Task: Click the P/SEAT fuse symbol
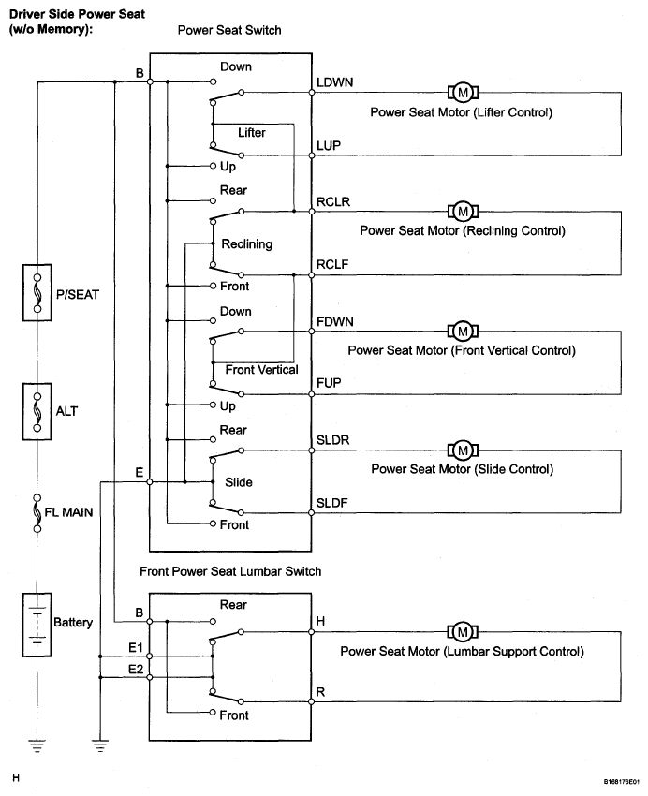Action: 37,292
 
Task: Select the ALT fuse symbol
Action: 37,411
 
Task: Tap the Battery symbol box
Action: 37,625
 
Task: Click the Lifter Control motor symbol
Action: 463,93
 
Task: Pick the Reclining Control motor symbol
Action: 463,212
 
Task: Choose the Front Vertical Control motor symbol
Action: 463,332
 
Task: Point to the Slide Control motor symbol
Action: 463,450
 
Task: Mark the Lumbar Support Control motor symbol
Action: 463,632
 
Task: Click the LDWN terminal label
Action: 335,82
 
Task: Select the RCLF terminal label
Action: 332,264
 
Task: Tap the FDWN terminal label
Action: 335,322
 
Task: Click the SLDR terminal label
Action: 332,440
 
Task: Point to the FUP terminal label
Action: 329,383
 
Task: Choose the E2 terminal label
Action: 136,669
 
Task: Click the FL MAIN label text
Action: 68,512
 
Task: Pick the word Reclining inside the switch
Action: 246,244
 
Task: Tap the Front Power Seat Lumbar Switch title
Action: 230,571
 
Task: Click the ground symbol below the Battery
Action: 37,745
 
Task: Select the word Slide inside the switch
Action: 239,482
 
